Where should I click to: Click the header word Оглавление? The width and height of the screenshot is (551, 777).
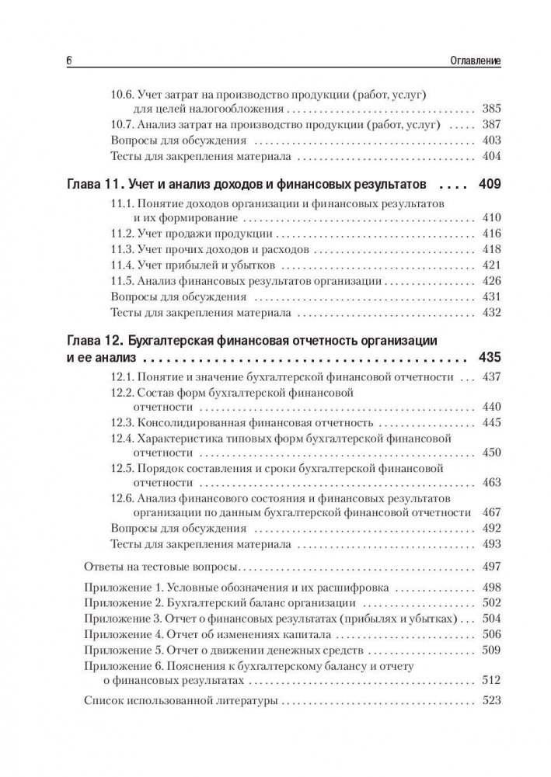pos(472,60)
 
